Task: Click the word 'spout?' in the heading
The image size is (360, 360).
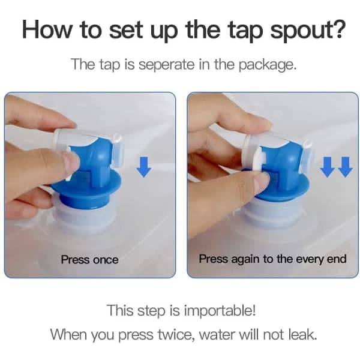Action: pyautogui.click(x=308, y=31)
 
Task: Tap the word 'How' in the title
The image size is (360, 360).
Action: pyautogui.click(x=47, y=29)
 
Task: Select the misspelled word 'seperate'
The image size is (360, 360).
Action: pyautogui.click(x=166, y=64)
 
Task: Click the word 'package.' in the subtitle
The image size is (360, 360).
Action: pyautogui.click(x=268, y=65)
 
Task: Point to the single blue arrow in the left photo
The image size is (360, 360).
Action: pyautogui.click(x=144, y=167)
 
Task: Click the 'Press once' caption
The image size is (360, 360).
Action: pyautogui.click(x=90, y=260)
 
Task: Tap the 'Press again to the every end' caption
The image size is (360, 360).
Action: pyautogui.click(x=272, y=259)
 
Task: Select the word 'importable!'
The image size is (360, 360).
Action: pyautogui.click(x=220, y=311)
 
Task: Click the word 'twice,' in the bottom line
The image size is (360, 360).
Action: pyautogui.click(x=177, y=335)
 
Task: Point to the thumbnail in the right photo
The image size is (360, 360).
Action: pyautogui.click(x=262, y=182)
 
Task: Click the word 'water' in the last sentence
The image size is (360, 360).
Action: pyautogui.click(x=217, y=335)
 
